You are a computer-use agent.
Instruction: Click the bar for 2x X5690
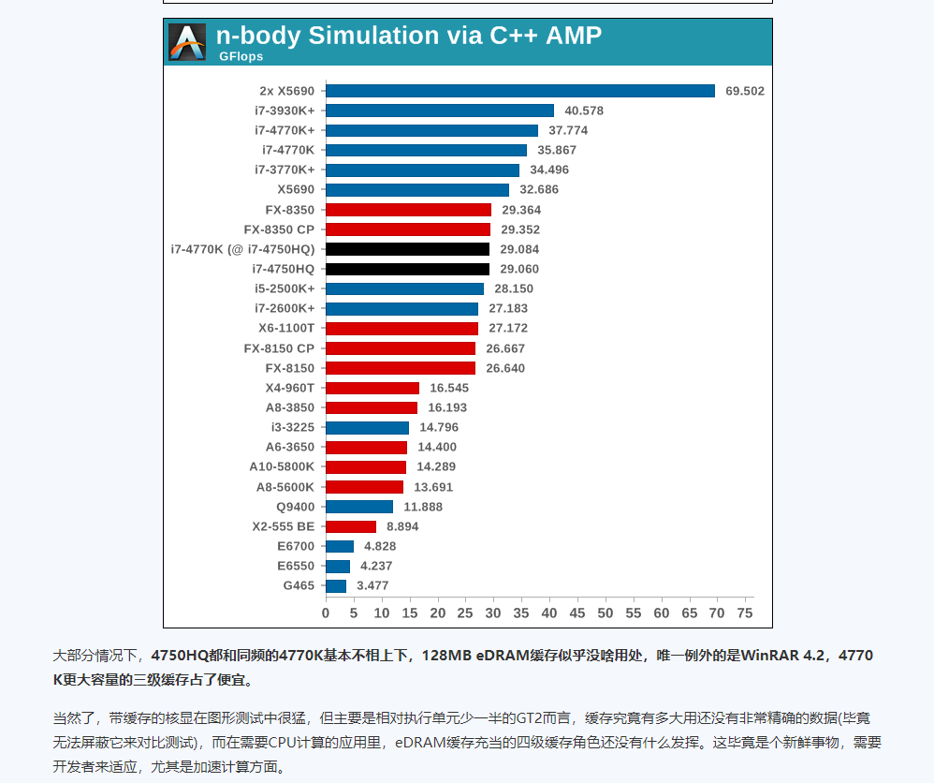click(x=519, y=91)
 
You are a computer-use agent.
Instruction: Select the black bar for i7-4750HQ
click(x=407, y=269)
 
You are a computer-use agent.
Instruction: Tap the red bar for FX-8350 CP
click(x=408, y=229)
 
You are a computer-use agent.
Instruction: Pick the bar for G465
click(x=335, y=586)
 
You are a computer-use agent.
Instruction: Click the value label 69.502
click(x=745, y=91)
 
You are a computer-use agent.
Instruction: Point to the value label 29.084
click(x=519, y=249)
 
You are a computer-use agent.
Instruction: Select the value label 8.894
click(x=402, y=526)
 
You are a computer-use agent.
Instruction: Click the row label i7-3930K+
click(x=285, y=111)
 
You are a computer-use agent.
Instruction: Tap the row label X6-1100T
click(x=286, y=328)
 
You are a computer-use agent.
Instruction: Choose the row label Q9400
click(x=296, y=507)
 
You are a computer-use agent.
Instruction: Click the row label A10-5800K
click(x=282, y=466)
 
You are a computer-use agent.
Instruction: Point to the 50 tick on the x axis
click(x=606, y=613)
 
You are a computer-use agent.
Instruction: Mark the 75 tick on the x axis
click(x=745, y=613)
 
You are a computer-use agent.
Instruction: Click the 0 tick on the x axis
click(x=326, y=613)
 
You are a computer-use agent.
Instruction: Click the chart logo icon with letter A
click(x=187, y=42)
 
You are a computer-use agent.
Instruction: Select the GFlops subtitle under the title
click(x=241, y=57)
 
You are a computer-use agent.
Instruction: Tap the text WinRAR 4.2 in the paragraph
click(x=784, y=656)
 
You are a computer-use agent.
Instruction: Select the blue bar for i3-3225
click(x=367, y=427)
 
